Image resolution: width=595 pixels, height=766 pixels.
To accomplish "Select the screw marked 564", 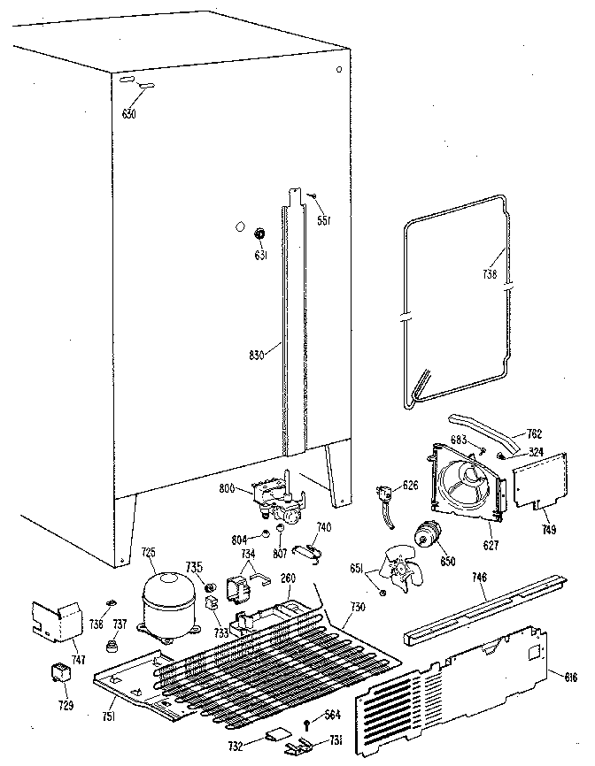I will (307, 724).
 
